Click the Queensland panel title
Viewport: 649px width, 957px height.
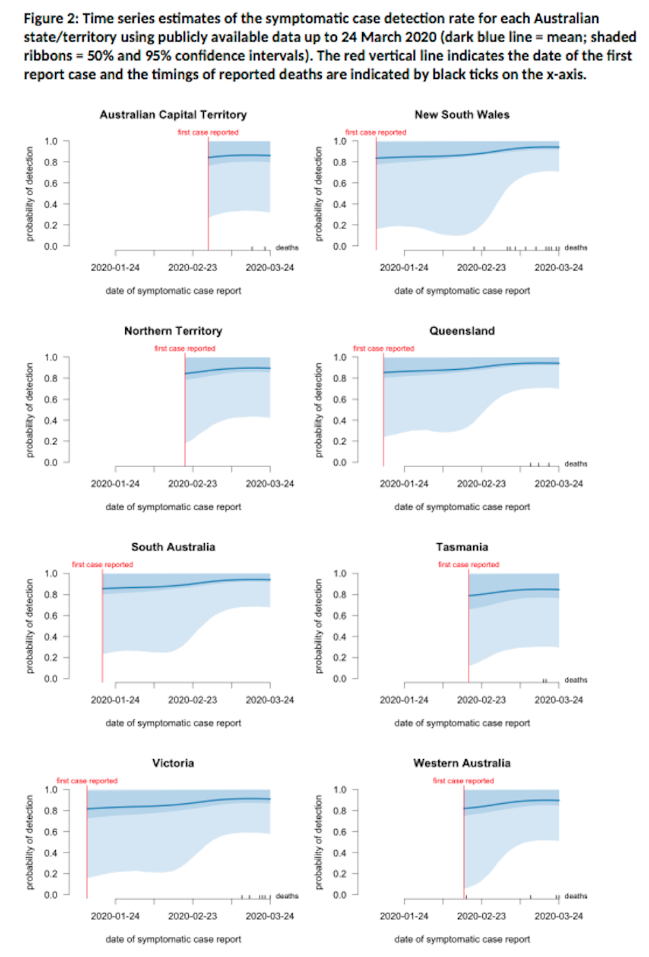pyautogui.click(x=461, y=331)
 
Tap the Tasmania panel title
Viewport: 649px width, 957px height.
pyautogui.click(x=461, y=547)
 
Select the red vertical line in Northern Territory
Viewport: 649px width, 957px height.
pyautogui.click(x=185, y=415)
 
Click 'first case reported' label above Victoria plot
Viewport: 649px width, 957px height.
pyautogui.click(x=87, y=781)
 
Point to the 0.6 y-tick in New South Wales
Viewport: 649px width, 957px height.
pyautogui.click(x=340, y=183)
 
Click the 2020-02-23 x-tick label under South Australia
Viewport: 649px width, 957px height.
pyautogui.click(x=192, y=699)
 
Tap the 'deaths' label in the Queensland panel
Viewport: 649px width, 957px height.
pyautogui.click(x=576, y=464)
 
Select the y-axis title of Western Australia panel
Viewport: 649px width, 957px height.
pyautogui.click(x=319, y=842)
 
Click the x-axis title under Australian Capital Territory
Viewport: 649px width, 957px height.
pyautogui.click(x=173, y=291)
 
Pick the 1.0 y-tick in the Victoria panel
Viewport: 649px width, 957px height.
pyautogui.click(x=51, y=790)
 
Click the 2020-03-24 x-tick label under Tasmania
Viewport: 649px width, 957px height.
pyautogui.click(x=558, y=699)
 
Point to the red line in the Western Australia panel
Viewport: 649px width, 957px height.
pyautogui.click(x=464, y=843)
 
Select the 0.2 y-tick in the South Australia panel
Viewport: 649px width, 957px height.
pyautogui.click(x=51, y=657)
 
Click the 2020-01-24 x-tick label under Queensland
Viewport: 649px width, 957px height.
pyautogui.click(x=404, y=483)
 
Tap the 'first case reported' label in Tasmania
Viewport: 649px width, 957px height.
pyautogui.click(x=469, y=564)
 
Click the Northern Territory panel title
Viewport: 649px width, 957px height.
pyautogui.click(x=173, y=331)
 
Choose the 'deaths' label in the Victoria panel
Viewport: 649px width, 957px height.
pyautogui.click(x=287, y=896)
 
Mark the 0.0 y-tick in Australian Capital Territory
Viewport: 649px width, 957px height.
pyautogui.click(x=51, y=246)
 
